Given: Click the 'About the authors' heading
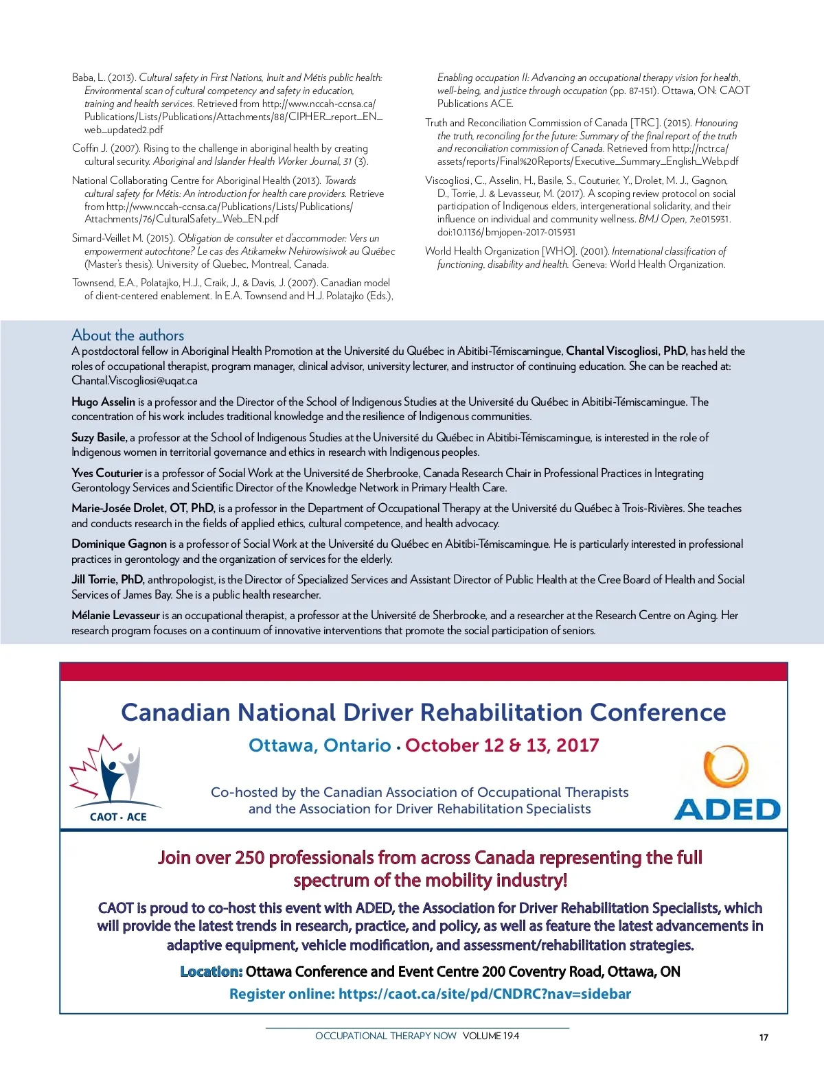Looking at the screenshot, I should (x=128, y=335).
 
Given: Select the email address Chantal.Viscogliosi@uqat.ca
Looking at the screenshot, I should (x=135, y=381).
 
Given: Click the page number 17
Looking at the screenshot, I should (x=764, y=1037).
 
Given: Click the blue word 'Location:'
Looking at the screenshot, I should (x=211, y=971).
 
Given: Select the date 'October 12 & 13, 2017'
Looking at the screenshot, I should (x=502, y=745).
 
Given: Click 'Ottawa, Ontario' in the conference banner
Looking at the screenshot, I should (x=319, y=745).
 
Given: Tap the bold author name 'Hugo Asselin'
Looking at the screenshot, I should (x=103, y=402).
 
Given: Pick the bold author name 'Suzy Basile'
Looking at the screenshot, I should (x=99, y=437).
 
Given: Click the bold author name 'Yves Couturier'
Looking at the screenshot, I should (x=107, y=473).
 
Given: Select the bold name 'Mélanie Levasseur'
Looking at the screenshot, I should (x=115, y=615).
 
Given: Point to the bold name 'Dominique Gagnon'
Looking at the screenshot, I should (x=119, y=544).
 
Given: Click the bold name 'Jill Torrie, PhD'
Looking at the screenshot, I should (x=108, y=579).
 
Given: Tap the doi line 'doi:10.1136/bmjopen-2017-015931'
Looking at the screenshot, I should (x=506, y=232).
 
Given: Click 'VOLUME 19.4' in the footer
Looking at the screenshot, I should (x=491, y=1036).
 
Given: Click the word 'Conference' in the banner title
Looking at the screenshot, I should (x=657, y=712).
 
